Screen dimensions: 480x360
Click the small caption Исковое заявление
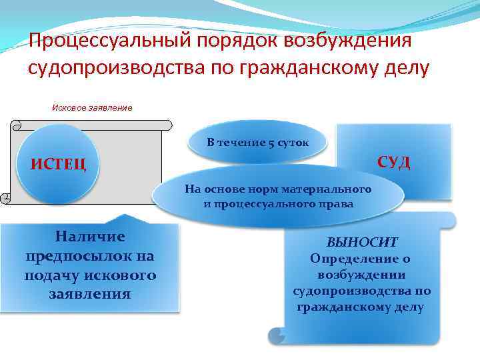(x=92, y=107)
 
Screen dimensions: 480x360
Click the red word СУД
(x=393, y=162)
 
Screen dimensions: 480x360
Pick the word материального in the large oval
(x=332, y=190)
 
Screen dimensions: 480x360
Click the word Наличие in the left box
(x=90, y=237)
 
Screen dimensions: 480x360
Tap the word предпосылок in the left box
(x=90, y=256)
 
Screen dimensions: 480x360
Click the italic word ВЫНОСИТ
(x=362, y=243)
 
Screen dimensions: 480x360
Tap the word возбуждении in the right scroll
(x=362, y=275)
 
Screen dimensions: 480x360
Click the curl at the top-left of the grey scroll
(x=17, y=124)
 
